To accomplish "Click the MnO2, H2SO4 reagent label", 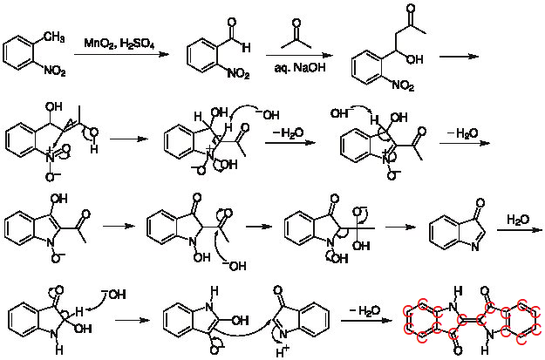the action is [x=119, y=44].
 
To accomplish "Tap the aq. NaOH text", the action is [x=300, y=67].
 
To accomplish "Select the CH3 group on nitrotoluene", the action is [x=54, y=37].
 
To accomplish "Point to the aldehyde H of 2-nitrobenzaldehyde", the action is [x=247, y=47].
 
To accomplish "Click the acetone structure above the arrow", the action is [x=296, y=34].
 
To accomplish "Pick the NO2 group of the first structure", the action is [x=55, y=71].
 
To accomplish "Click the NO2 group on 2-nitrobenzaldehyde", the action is [x=238, y=73].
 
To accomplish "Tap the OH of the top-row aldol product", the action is [x=415, y=59].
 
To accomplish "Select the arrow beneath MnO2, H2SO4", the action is [x=121, y=54].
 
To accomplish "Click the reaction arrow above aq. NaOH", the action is [x=299, y=56].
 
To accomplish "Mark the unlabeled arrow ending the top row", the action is [x=460, y=57].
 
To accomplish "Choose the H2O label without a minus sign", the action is [x=518, y=220].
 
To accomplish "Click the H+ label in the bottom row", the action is [x=283, y=352].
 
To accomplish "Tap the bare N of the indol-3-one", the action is [x=475, y=247].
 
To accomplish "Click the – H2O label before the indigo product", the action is [x=365, y=310].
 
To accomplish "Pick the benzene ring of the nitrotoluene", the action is [x=19, y=55].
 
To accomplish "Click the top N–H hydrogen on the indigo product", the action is [x=458, y=291].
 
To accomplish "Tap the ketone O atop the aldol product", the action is [x=412, y=8].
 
